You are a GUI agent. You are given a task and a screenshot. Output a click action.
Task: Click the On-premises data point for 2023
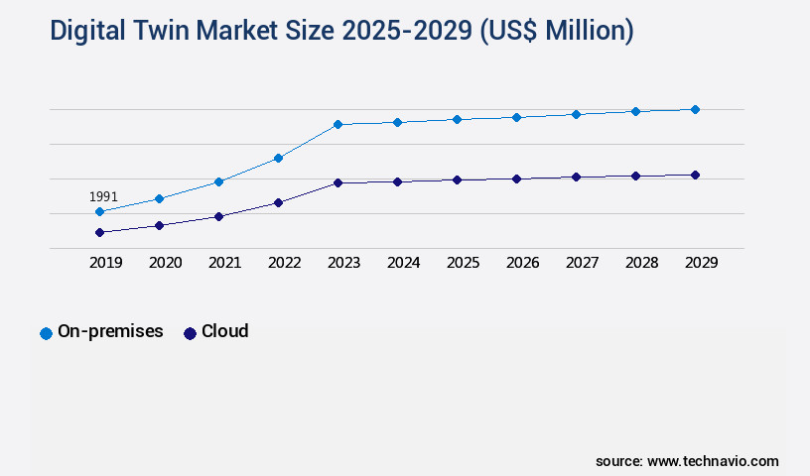[x=337, y=124]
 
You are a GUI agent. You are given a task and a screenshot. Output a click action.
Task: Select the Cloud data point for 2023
[x=337, y=182]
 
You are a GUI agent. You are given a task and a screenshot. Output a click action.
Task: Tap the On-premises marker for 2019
[x=99, y=211]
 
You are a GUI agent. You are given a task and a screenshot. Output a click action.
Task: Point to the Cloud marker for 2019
[x=99, y=232]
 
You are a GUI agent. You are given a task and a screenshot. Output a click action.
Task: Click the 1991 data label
[x=103, y=196]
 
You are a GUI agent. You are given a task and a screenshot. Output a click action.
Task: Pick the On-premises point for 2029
[x=695, y=109]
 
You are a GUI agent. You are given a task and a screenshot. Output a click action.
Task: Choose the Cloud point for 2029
[x=695, y=175]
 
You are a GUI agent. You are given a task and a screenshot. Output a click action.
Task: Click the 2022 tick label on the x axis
[x=284, y=263]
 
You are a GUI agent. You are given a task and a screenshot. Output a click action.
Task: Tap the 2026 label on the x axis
[x=522, y=263]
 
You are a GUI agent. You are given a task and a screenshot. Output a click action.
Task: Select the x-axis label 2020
[x=165, y=263]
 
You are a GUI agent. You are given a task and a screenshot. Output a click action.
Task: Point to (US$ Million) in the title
[x=556, y=31]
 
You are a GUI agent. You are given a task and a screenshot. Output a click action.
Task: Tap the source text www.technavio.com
[x=713, y=461]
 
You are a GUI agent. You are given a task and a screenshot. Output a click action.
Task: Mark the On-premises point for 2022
[x=278, y=158]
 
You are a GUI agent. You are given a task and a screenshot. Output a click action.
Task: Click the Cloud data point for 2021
[x=218, y=216]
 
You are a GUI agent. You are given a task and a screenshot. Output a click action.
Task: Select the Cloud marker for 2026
[x=516, y=178]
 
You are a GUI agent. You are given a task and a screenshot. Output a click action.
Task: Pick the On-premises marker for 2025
[x=457, y=119]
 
